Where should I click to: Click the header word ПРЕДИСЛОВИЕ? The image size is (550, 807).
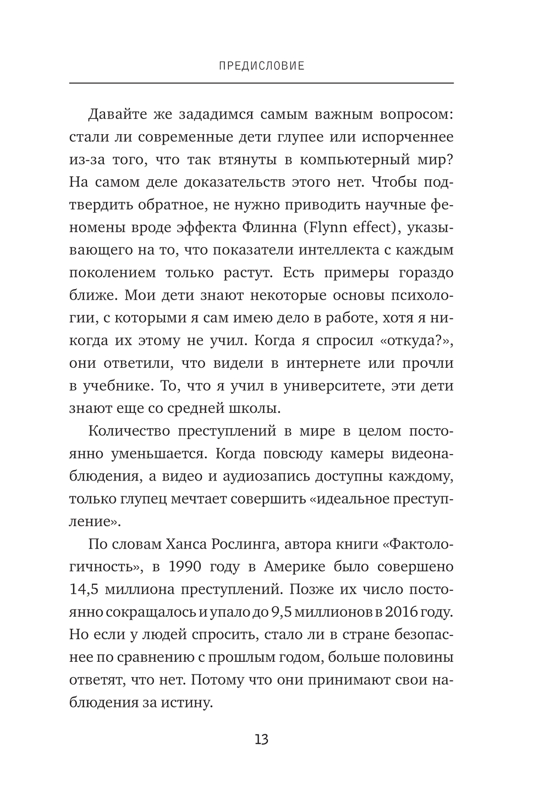tap(262, 66)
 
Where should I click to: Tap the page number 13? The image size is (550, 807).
tap(262, 739)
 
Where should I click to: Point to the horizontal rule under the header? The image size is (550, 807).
tap(262, 83)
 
